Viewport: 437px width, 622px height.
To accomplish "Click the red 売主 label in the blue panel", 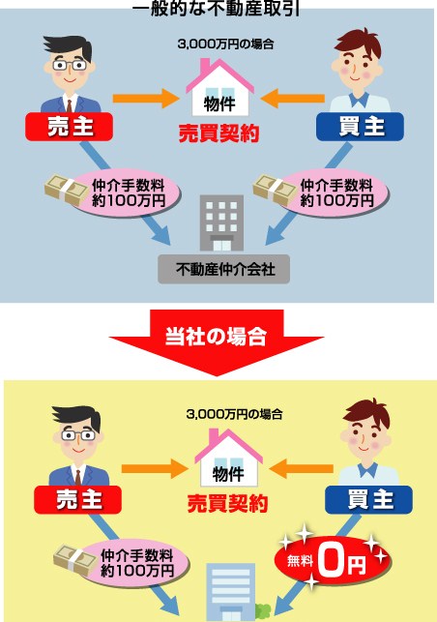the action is tap(69, 127).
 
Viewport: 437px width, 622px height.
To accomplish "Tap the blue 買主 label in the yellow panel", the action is tap(368, 499).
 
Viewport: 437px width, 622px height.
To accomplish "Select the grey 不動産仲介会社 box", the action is tap(223, 269).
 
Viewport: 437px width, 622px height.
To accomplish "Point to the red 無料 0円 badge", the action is tap(333, 561).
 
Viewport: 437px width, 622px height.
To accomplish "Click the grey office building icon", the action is tap(221, 222).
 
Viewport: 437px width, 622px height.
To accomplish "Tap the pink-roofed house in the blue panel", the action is tap(220, 88).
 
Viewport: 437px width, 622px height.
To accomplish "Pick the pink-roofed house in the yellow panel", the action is tap(229, 459).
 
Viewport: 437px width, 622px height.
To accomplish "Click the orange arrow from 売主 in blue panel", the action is tap(146, 99).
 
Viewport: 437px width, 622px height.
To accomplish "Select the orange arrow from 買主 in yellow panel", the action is tap(302, 468).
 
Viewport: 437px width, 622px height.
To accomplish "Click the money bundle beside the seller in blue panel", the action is tap(67, 190).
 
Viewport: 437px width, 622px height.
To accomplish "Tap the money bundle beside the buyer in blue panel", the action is tap(275, 190).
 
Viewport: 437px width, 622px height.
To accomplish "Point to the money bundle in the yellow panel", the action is tap(75, 560).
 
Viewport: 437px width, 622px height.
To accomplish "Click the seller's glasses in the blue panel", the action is tap(70, 65).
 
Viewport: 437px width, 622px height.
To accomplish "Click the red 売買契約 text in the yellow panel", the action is tap(227, 504).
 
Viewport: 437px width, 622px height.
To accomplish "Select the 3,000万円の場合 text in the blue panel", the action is tap(225, 44).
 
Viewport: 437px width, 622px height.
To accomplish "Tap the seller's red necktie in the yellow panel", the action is tap(78, 477).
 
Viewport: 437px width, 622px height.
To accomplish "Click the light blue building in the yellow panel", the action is tap(230, 592).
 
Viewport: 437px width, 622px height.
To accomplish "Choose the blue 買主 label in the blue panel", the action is tap(360, 127).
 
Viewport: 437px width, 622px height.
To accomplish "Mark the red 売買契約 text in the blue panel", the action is tap(218, 133).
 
